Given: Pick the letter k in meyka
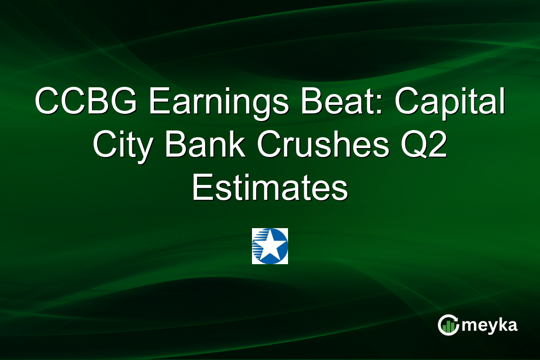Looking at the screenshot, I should click(x=502, y=325).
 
